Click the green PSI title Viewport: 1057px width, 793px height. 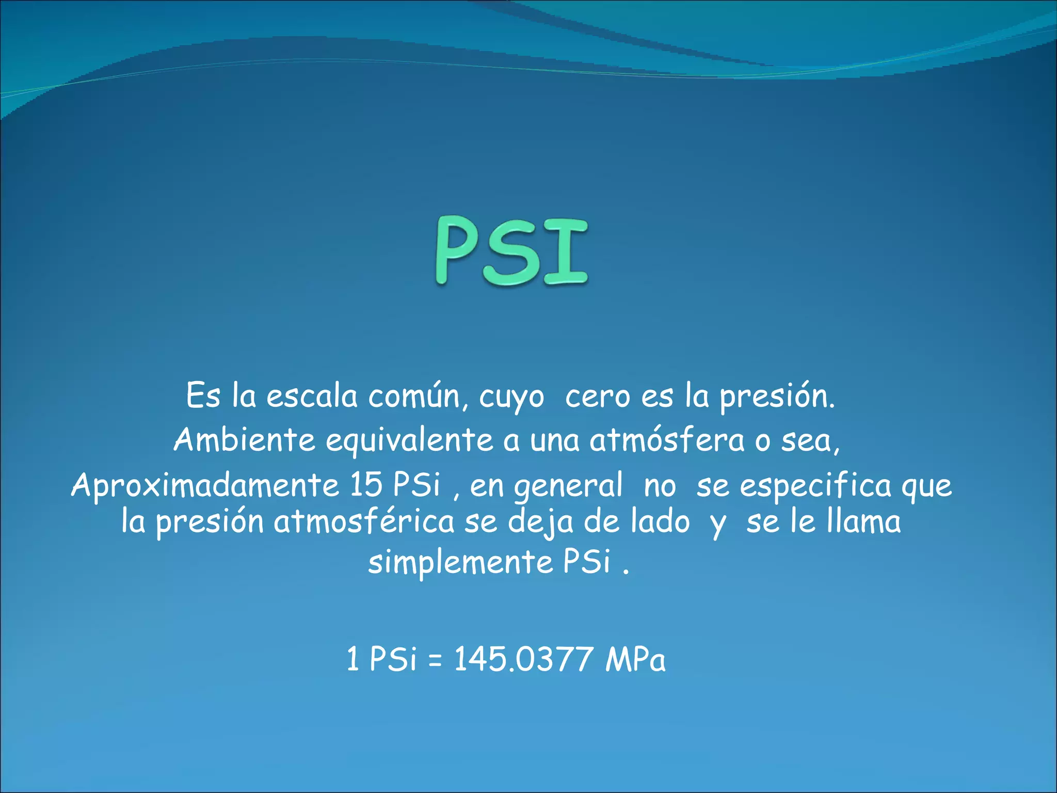click(x=511, y=251)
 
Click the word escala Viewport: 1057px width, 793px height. click(x=312, y=397)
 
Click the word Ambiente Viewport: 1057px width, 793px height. click(x=245, y=440)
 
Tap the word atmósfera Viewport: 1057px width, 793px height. click(x=667, y=440)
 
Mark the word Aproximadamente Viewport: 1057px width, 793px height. click(x=205, y=486)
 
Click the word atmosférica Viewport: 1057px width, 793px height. click(x=364, y=521)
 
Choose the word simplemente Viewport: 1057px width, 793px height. click(x=460, y=562)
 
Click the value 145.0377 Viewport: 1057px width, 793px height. click(x=523, y=660)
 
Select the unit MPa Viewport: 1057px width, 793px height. click(x=635, y=660)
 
